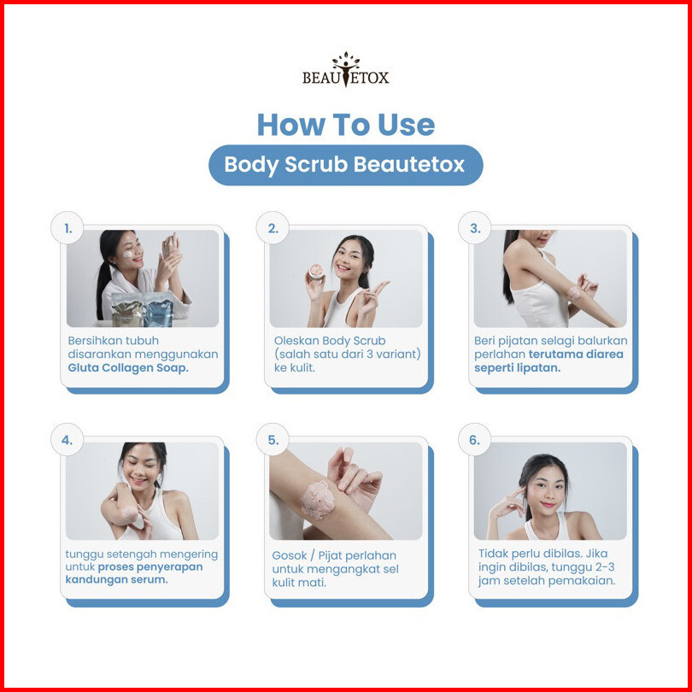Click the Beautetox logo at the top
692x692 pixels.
[345, 70]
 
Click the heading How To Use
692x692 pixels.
[345, 125]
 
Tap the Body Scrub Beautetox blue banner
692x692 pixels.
[345, 165]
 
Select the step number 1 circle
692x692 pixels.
[67, 228]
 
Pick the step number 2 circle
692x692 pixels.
[273, 228]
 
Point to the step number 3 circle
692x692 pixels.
[474, 228]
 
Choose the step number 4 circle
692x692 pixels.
[67, 440]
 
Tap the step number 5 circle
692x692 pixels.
[273, 440]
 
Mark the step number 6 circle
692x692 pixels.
[474, 440]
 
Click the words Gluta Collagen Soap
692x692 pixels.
[128, 367]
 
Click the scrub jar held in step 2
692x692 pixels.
[316, 272]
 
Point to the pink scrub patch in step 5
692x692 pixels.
[319, 499]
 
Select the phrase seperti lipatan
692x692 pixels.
[517, 367]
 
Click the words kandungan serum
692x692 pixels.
[116, 579]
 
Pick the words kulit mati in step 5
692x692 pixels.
[299, 583]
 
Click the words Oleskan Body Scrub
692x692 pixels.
[330, 341]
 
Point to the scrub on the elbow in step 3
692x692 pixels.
[574, 293]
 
